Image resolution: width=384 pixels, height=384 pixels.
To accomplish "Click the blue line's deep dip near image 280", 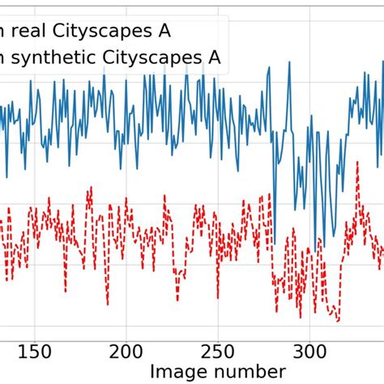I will click(273, 241).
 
